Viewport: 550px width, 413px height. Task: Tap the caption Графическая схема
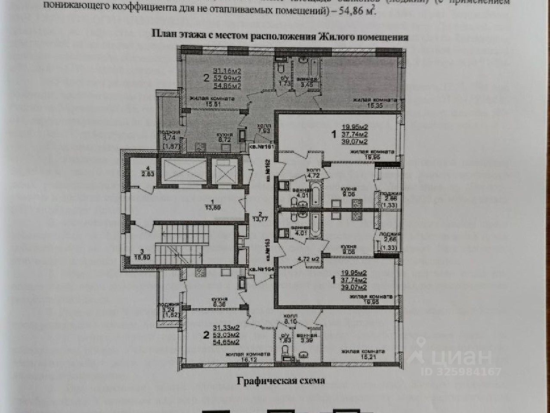pyautogui.click(x=280, y=381)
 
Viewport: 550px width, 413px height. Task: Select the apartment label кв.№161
pyautogui.click(x=261, y=147)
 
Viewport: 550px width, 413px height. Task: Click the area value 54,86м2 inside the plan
pyautogui.click(x=227, y=86)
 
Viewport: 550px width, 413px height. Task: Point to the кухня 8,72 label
pyautogui.click(x=225, y=138)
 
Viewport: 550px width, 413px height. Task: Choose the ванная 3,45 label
pyautogui.click(x=308, y=82)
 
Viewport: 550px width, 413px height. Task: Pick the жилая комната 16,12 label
pyautogui.click(x=247, y=356)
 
